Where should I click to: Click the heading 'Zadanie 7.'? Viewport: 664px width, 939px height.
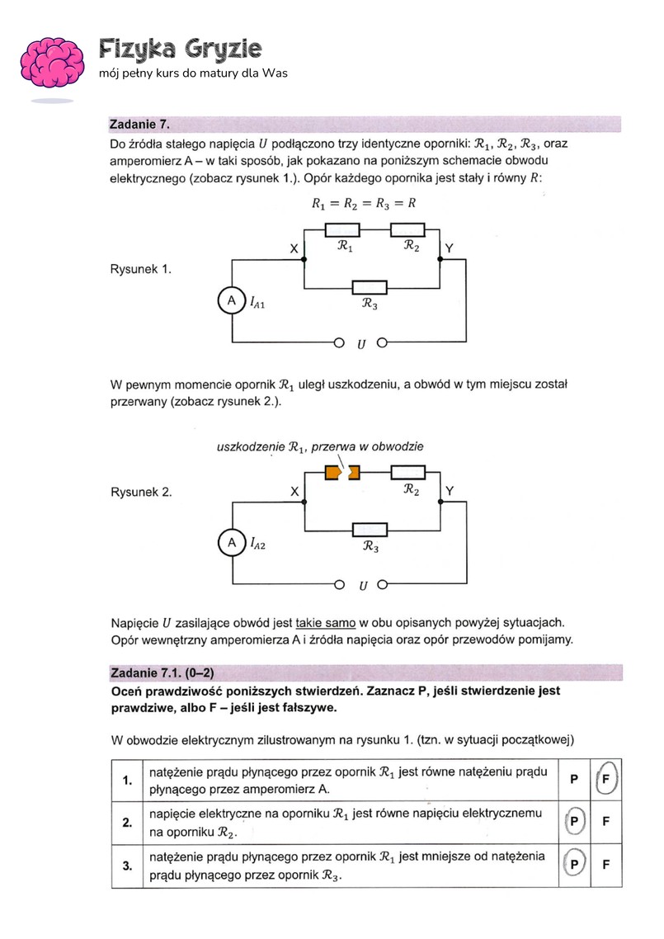pos(139,125)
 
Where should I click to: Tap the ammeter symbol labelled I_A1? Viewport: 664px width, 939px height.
pos(232,302)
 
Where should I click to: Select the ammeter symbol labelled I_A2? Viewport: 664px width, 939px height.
pos(232,542)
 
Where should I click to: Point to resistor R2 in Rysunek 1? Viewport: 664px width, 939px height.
pos(407,229)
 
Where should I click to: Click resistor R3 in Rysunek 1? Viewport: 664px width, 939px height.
pos(370,288)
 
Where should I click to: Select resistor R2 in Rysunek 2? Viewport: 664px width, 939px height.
pos(407,472)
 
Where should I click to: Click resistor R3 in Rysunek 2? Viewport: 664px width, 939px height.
pos(370,529)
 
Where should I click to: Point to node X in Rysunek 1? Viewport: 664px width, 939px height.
pos(304,259)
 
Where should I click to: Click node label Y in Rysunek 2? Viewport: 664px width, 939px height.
pos(450,491)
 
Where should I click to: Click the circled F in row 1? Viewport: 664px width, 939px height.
pos(606,779)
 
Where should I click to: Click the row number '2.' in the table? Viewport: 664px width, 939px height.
pos(127,822)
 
